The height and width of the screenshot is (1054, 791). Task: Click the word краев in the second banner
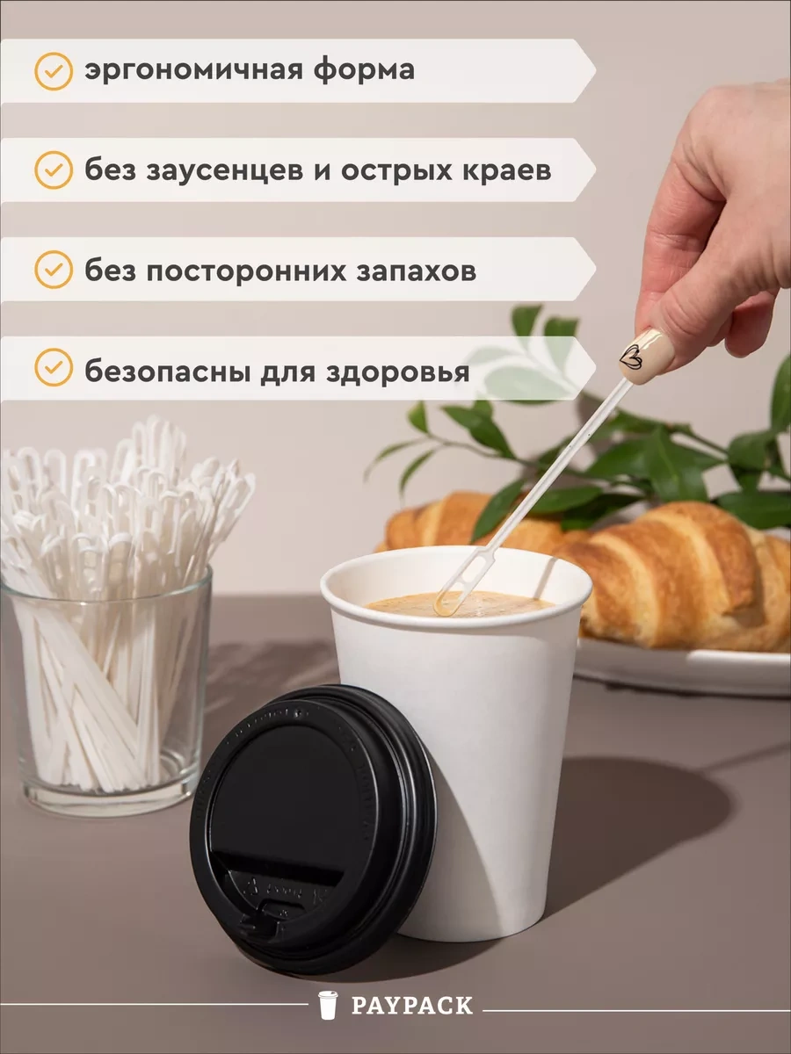point(508,170)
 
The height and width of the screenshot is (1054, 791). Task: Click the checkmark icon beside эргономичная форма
point(53,70)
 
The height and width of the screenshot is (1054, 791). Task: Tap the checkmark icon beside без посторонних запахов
point(53,270)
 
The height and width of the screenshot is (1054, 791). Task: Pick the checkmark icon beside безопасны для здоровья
point(53,369)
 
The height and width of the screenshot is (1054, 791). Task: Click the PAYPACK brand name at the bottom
point(411,1006)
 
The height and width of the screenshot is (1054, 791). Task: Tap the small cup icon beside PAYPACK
point(328,1005)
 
